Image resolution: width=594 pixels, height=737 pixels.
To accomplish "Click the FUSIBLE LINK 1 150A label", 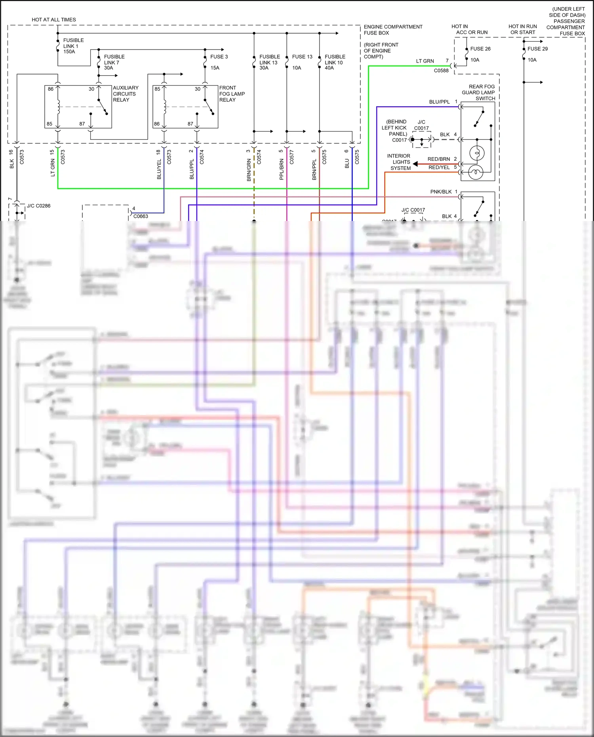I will click(x=73, y=46).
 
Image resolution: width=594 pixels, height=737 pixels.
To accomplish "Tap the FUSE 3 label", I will click(x=219, y=57).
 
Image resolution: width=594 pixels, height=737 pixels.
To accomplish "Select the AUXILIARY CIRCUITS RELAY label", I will click(x=126, y=94).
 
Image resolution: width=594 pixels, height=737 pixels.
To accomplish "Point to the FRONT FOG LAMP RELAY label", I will click(x=232, y=94).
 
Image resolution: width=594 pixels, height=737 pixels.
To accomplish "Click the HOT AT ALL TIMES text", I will click(x=54, y=19).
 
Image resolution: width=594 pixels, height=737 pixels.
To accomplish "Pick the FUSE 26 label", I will click(x=480, y=49).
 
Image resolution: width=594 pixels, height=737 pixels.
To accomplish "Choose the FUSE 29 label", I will click(x=537, y=49).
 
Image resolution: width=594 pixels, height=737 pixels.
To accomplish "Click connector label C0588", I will click(x=441, y=70).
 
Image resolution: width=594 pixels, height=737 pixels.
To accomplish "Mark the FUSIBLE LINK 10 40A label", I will click(x=335, y=62).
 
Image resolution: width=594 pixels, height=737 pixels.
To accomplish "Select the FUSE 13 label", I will click(x=302, y=57).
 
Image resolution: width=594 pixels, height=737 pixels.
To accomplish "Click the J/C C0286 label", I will click(x=38, y=206).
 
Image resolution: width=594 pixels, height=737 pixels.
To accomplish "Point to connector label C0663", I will click(x=141, y=216).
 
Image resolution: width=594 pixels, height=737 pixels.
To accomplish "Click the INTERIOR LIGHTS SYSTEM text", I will click(x=399, y=162).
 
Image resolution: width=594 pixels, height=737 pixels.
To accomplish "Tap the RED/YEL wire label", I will click(x=439, y=168).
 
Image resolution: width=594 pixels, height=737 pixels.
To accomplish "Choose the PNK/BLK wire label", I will click(x=441, y=192).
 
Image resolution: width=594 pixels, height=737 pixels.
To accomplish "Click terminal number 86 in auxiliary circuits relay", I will click(x=51, y=89).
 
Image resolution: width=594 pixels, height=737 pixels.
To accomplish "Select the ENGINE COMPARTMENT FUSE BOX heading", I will click(x=393, y=30).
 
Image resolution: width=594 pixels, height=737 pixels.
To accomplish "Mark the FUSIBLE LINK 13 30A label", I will click(x=269, y=62).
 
